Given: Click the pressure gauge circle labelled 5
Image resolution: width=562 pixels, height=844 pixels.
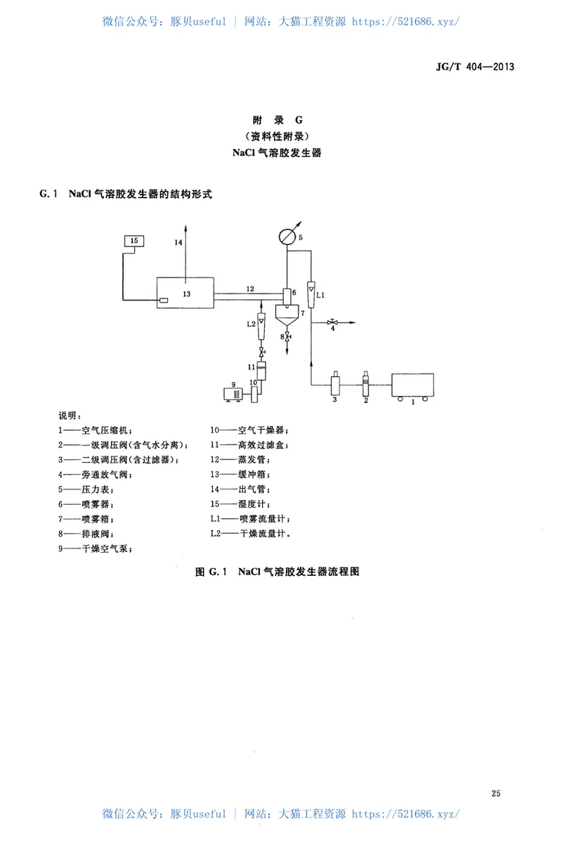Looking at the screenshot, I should coord(287,237).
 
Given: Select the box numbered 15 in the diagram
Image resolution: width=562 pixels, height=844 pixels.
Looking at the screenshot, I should coord(134,242).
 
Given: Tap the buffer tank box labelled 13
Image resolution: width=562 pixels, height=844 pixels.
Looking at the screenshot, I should coord(185,293).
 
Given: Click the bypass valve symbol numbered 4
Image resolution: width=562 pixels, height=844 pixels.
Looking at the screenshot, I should coord(333,322).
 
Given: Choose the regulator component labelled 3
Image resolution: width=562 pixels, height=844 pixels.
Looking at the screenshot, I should coord(335,384).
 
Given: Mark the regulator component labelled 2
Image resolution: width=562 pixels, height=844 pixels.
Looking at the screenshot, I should coord(365,383).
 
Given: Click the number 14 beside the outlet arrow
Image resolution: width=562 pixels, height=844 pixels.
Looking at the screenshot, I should coord(178,242).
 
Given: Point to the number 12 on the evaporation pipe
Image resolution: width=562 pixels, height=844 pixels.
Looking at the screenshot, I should coord(250,288).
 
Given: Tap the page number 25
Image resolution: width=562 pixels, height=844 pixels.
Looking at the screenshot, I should coord(496,793).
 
